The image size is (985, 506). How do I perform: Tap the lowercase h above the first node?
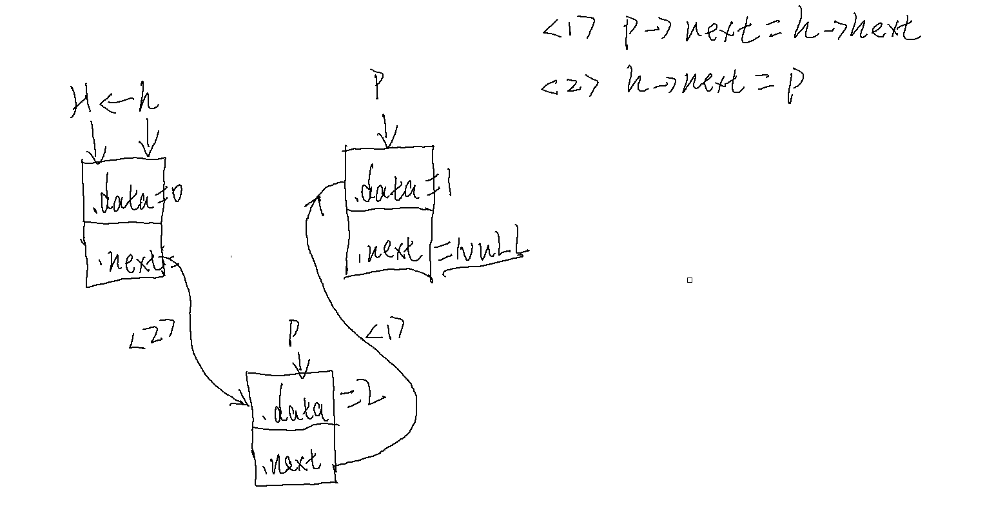click(x=147, y=103)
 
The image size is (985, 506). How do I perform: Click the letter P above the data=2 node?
click(x=293, y=334)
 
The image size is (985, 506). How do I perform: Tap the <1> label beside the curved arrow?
click(x=385, y=331)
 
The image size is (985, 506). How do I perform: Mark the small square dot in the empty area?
click(x=689, y=280)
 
